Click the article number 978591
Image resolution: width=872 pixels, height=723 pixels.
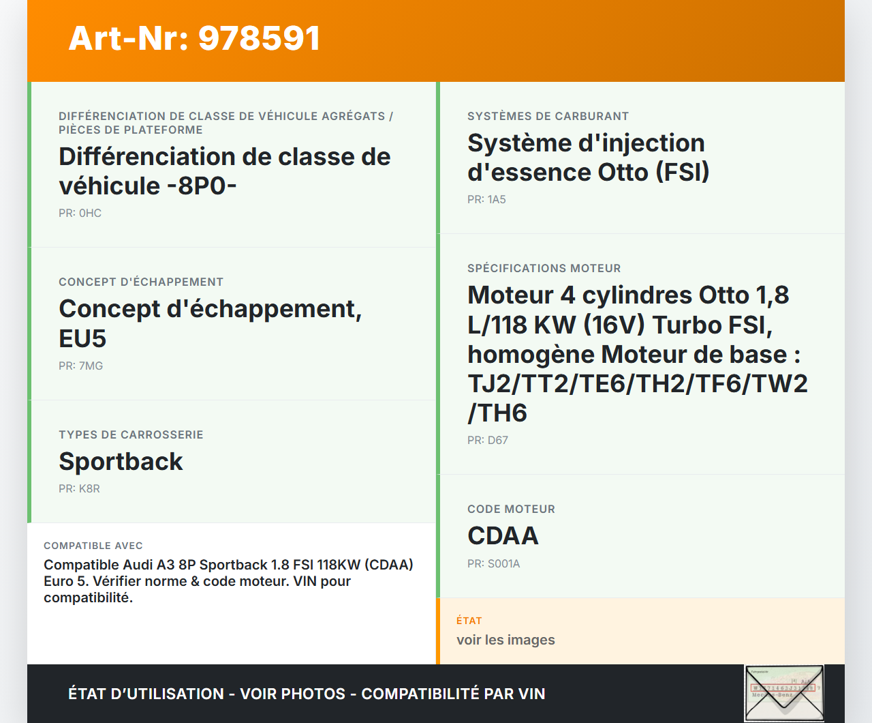click(x=259, y=38)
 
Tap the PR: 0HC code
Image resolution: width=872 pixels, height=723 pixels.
click(x=80, y=213)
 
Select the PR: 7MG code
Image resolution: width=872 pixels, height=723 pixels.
click(x=80, y=366)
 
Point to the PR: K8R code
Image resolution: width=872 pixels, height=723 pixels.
click(x=79, y=488)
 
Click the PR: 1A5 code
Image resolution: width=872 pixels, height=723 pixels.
click(x=486, y=199)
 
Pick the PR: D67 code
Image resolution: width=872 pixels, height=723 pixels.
click(x=488, y=441)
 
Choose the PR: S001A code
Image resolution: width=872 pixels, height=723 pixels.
click(x=494, y=563)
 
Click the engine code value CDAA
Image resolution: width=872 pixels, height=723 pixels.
click(x=503, y=535)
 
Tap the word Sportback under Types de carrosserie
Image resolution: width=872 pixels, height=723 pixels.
click(x=121, y=462)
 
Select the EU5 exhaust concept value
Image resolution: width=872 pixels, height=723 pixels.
click(x=82, y=338)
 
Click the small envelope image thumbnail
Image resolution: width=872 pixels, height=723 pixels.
click(x=784, y=692)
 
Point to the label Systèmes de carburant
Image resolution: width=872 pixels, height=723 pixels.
click(x=548, y=116)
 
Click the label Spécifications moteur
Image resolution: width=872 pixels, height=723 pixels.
click(x=544, y=269)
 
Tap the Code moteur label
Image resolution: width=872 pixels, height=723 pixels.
click(x=511, y=510)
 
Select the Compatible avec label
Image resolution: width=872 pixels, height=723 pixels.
click(x=93, y=546)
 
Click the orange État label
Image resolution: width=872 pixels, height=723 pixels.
click(x=469, y=621)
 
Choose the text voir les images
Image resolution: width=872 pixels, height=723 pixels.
click(x=505, y=640)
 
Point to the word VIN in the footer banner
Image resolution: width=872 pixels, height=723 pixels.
click(x=531, y=694)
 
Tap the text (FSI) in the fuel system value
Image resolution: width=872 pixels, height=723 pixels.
click(x=683, y=173)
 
